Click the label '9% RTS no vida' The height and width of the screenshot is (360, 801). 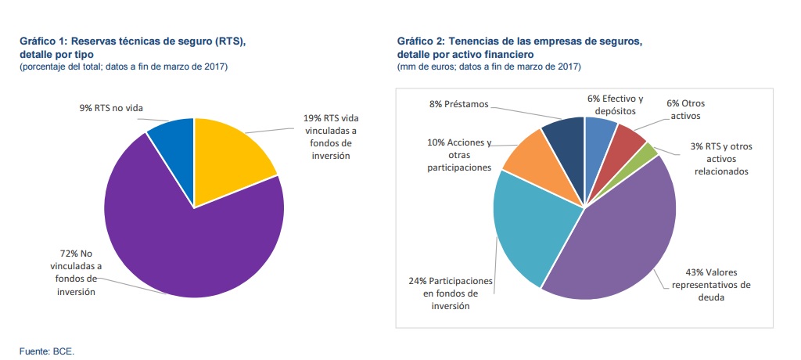tap(111, 107)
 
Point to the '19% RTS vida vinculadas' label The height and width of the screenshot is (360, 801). tap(331, 137)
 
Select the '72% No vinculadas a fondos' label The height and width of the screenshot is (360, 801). tap(72, 272)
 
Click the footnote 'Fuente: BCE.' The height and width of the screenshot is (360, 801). tap(47, 351)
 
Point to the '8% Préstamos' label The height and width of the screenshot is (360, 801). tap(460, 103)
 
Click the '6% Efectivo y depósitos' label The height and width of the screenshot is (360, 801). tap(616, 105)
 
